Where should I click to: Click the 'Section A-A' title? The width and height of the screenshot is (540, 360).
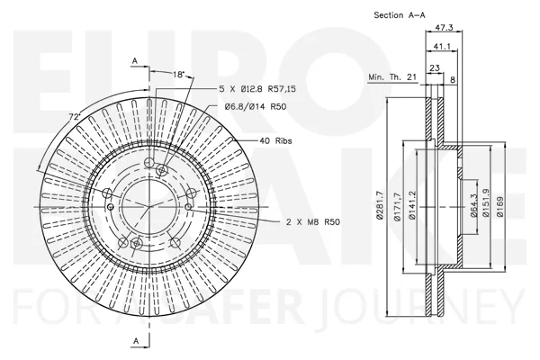(x=400, y=15)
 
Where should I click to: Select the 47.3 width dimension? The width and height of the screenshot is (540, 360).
(x=444, y=28)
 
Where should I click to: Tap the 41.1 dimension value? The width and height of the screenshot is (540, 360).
(x=442, y=47)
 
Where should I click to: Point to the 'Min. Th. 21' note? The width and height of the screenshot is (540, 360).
(x=392, y=76)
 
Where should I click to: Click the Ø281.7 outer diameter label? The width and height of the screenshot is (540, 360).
(x=380, y=205)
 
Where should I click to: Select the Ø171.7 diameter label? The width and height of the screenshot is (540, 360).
(x=397, y=207)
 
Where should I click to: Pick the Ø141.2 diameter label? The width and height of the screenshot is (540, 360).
(x=411, y=205)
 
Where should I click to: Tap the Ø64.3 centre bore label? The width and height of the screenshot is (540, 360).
(x=473, y=205)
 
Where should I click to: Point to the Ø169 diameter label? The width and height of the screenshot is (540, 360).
(x=500, y=207)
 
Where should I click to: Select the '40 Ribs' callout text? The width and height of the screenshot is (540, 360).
(x=275, y=141)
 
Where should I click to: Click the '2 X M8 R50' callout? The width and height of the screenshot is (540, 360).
(x=313, y=222)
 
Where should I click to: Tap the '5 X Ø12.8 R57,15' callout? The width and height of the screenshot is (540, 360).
(x=257, y=89)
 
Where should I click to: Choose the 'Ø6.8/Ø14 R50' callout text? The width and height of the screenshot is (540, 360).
(x=256, y=107)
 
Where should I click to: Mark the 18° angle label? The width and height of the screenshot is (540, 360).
(x=179, y=75)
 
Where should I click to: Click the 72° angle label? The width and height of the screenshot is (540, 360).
(x=75, y=117)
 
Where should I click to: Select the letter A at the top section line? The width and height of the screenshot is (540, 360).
(x=135, y=61)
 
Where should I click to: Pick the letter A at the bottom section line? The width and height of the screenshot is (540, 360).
(x=136, y=341)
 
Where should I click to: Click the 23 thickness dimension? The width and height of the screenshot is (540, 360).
(x=435, y=67)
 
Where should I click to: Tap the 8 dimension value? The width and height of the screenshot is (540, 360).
(x=453, y=80)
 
